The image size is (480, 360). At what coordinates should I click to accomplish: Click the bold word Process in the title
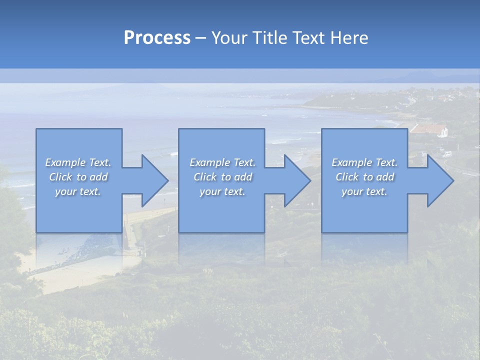click(x=157, y=38)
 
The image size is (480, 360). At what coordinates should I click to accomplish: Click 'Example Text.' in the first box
click(x=78, y=162)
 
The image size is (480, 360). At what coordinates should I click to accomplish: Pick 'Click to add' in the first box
click(x=78, y=177)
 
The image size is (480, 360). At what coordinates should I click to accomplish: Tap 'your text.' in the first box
click(x=78, y=191)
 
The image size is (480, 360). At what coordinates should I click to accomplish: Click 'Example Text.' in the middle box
click(x=222, y=162)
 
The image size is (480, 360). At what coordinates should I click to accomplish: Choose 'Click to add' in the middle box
click(x=222, y=177)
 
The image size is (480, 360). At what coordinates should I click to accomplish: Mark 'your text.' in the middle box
click(x=222, y=191)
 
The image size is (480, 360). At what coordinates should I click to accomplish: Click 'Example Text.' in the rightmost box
click(x=364, y=162)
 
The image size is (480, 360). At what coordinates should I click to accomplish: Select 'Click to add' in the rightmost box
click(x=364, y=177)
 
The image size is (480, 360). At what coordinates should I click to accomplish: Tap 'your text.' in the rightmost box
click(x=364, y=191)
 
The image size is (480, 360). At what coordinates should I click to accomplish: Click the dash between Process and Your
click(x=200, y=38)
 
